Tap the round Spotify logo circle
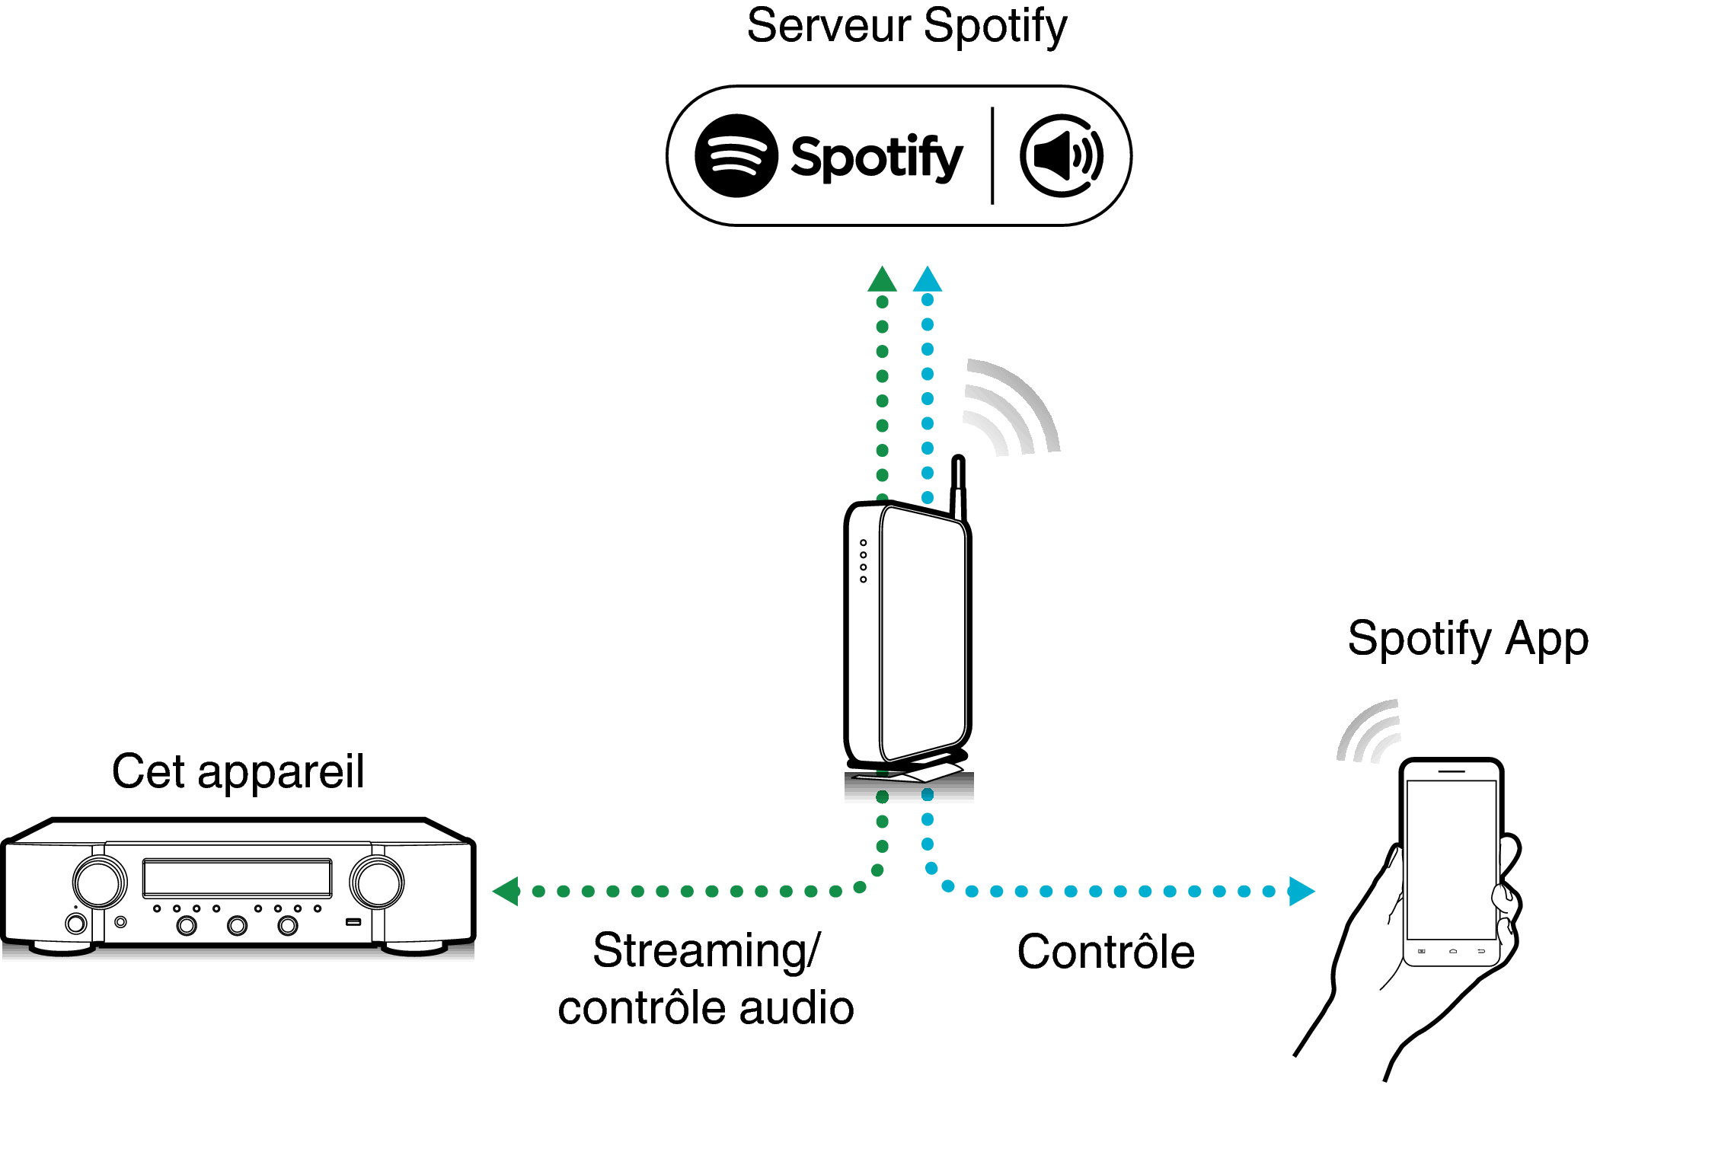(736, 156)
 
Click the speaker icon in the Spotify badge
(1061, 156)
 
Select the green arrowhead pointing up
(882, 280)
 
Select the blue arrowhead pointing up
(928, 279)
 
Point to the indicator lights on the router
(863, 561)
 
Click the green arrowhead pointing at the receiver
(506, 891)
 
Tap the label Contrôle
(1106, 952)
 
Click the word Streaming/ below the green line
(706, 951)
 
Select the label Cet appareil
(238, 771)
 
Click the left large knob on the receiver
(100, 882)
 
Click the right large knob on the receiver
(377, 882)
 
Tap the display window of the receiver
(237, 878)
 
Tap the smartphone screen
(1452, 860)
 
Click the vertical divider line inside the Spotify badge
(992, 156)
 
